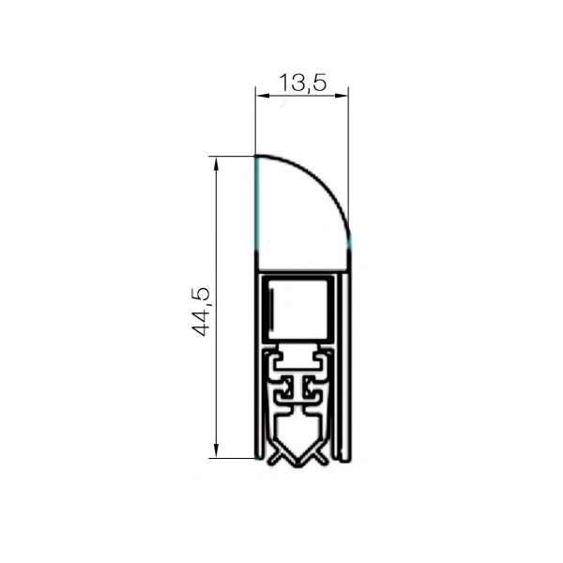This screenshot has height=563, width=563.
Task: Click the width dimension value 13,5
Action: [x=303, y=83]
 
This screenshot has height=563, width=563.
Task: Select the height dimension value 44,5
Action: [x=201, y=312]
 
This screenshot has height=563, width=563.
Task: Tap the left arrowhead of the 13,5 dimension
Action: [x=262, y=96]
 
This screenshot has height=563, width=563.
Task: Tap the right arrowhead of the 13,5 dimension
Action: [x=342, y=96]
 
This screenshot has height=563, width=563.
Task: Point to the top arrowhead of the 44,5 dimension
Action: [x=216, y=163]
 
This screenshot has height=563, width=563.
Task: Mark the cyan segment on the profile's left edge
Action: [x=256, y=203]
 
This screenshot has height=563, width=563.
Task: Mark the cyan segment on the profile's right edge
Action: [x=349, y=241]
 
